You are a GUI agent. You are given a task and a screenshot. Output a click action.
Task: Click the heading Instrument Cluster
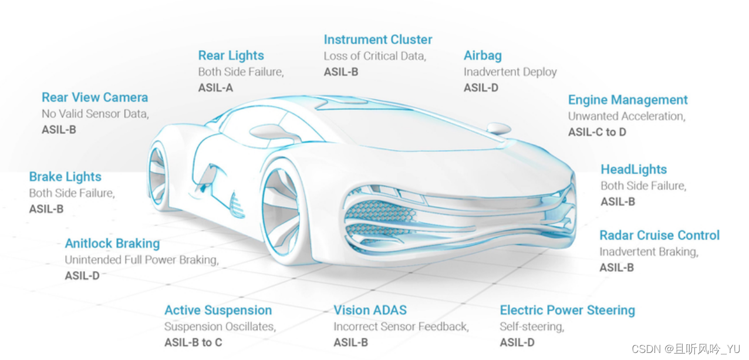coord(377,40)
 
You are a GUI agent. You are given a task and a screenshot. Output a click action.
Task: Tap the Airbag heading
coord(483,56)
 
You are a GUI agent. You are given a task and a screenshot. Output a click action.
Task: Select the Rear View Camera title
coord(95,97)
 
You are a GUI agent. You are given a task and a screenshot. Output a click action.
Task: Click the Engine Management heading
coord(627,100)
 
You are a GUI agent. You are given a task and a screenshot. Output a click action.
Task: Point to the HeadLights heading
coord(633,170)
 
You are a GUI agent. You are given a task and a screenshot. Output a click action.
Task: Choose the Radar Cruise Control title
coord(659,235)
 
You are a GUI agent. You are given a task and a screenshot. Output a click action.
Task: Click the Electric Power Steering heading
coord(567,310)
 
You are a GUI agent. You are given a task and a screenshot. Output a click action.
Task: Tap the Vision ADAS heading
coord(370,310)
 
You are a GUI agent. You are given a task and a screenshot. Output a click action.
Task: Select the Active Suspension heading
coord(218,310)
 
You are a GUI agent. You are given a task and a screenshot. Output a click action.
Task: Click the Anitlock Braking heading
coord(112,243)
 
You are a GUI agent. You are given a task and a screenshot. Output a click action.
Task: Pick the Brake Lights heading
coord(65,177)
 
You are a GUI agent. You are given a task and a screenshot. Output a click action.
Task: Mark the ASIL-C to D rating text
coord(597,132)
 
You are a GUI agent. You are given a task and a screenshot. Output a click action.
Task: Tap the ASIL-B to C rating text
coord(193,342)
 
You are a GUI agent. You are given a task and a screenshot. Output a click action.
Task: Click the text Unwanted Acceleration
coord(626,116)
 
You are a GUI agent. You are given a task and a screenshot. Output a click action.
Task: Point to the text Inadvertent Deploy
coord(510,72)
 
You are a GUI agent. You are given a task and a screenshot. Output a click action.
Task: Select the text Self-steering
coord(531,326)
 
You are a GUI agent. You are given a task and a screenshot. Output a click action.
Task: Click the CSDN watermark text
coord(686,349)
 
